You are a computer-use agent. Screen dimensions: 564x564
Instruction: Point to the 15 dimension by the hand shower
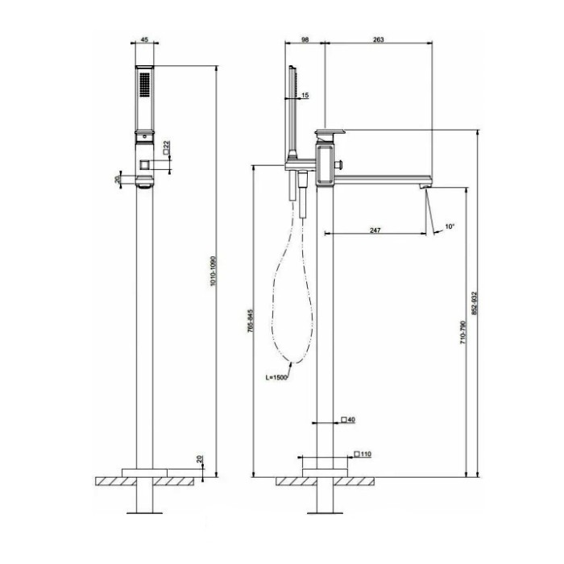pyautogui.click(x=305, y=96)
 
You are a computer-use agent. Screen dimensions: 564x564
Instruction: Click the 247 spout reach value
pyautogui.click(x=375, y=230)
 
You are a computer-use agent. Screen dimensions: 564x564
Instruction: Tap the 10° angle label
pyautogui.click(x=450, y=227)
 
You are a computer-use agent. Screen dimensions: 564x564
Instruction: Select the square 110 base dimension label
pyautogui.click(x=363, y=454)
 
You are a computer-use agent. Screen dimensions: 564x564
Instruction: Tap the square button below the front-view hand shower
pyautogui.click(x=144, y=164)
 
